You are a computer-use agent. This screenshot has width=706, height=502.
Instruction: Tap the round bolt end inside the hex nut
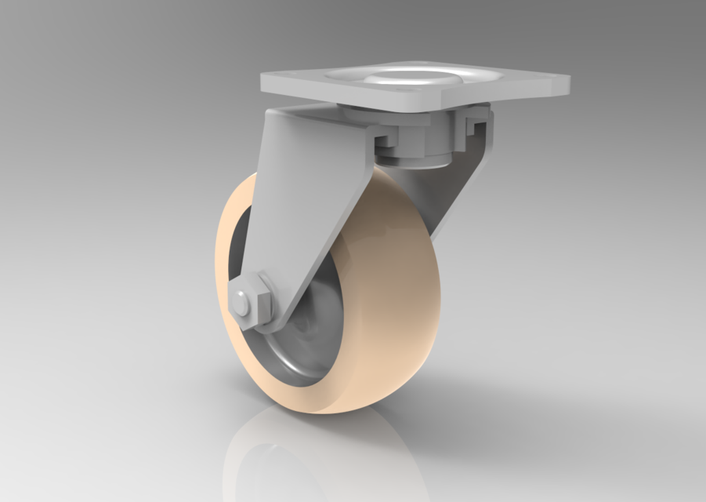tap(243, 303)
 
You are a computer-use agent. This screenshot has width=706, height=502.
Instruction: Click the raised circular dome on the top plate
tap(392, 77)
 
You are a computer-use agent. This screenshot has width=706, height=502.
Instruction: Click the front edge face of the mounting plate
tap(353, 100)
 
